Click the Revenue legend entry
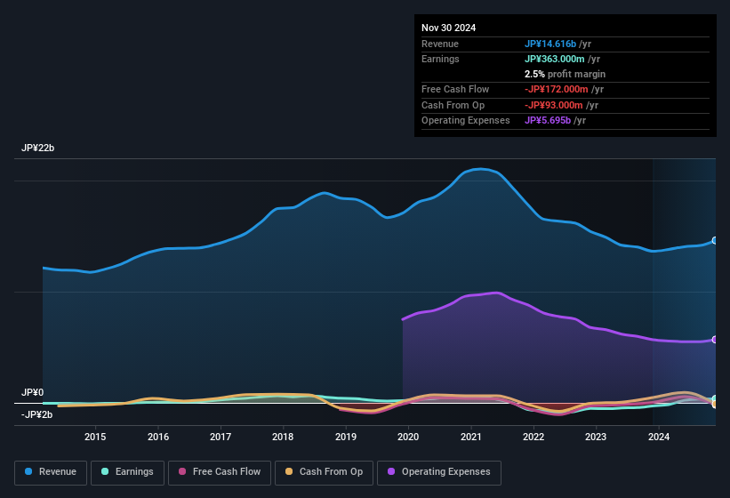click(x=52, y=472)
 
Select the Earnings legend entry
click(x=127, y=472)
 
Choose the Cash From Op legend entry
click(x=325, y=472)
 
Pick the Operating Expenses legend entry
click(x=439, y=472)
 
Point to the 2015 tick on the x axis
click(x=95, y=437)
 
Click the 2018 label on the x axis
click(x=283, y=437)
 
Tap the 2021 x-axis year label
click(x=470, y=437)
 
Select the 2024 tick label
click(x=659, y=437)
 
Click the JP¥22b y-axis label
click(x=38, y=149)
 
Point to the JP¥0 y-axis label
click(x=33, y=392)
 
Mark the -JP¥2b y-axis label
click(x=37, y=414)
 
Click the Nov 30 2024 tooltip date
click(x=449, y=28)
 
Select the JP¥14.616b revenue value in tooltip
click(x=550, y=44)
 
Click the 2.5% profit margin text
click(x=565, y=74)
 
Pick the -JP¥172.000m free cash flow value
click(x=557, y=89)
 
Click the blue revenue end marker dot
click(x=715, y=241)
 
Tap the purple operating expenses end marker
click(x=715, y=340)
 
